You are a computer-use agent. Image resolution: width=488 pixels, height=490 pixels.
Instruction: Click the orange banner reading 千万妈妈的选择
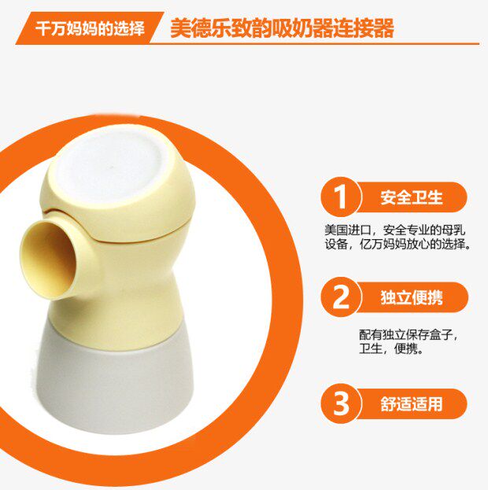[x=90, y=28]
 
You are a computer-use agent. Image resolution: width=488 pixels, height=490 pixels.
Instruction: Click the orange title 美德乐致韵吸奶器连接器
[x=282, y=28]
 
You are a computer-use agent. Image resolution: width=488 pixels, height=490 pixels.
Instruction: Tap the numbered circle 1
[x=341, y=197]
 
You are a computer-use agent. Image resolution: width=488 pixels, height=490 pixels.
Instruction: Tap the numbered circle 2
[x=341, y=297]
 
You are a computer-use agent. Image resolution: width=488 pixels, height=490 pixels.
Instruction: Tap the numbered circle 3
[x=341, y=403]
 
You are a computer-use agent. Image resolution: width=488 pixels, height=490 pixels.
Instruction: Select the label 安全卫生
[x=412, y=197]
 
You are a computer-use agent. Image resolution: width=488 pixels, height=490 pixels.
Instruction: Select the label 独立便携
[x=412, y=297]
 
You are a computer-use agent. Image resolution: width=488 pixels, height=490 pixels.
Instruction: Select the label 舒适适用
[x=412, y=403]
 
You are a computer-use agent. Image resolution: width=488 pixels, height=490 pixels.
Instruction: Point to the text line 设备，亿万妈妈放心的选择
[x=397, y=244]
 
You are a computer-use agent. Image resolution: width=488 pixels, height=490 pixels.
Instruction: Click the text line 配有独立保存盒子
[x=409, y=335]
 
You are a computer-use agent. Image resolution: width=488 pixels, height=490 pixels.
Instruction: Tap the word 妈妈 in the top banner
[x=81, y=28]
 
